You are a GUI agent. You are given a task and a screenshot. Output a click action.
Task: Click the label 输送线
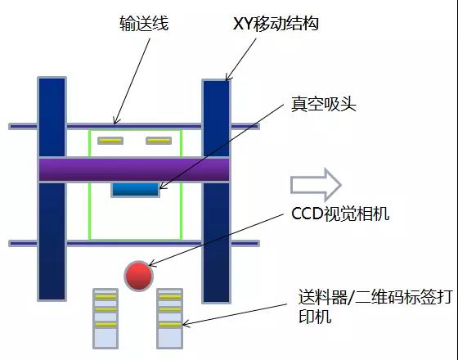pyautogui.click(x=144, y=24)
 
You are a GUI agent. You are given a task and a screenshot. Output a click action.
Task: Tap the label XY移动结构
pyautogui.click(x=276, y=24)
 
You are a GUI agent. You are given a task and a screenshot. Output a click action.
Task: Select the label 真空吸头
pyautogui.click(x=324, y=104)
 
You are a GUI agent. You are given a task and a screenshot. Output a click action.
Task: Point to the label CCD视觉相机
pyautogui.click(x=340, y=214)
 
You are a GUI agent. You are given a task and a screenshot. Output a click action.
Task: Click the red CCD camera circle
pyautogui.click(x=139, y=276)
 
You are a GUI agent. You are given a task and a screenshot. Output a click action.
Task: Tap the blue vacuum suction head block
pyautogui.click(x=135, y=190)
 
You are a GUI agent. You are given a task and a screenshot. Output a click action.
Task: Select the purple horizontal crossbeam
pyautogui.click(x=134, y=170)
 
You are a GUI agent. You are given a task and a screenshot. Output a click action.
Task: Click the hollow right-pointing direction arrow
pyautogui.click(x=316, y=185)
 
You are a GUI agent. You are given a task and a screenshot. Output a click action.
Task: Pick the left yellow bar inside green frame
pyautogui.click(x=110, y=141)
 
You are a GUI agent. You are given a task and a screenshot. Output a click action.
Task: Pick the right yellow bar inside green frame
pyautogui.click(x=159, y=141)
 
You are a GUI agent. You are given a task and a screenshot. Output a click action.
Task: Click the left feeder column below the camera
pyautogui.click(x=106, y=318)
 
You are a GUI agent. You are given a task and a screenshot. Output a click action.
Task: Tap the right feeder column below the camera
pyautogui.click(x=170, y=318)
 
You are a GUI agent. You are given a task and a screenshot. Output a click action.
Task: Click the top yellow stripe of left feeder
pyautogui.click(x=106, y=297)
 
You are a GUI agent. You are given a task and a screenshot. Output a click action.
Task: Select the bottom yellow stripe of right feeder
pyautogui.click(x=170, y=325)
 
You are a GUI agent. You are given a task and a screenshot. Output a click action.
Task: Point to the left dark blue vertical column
pyautogui.click(x=52, y=189)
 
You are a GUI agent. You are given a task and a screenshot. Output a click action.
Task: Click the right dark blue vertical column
pyautogui.click(x=217, y=191)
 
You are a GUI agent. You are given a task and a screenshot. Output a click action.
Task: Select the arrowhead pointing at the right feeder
pyautogui.click(x=185, y=323)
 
